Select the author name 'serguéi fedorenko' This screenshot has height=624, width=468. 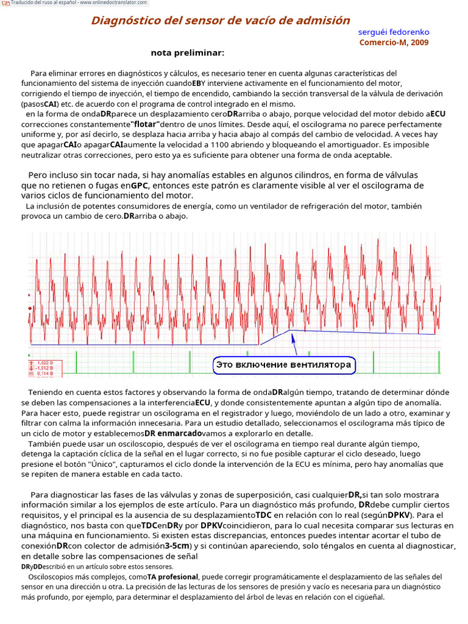[x=393, y=32]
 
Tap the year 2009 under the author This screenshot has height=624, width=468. [x=419, y=43]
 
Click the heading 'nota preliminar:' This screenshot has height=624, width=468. [x=188, y=52]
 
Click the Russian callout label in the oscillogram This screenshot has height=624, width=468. [x=283, y=365]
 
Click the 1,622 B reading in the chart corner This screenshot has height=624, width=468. [x=41, y=363]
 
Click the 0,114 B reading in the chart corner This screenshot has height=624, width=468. [x=41, y=373]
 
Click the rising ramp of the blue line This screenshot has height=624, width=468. [x=274, y=337]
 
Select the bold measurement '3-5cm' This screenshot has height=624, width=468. [x=177, y=545]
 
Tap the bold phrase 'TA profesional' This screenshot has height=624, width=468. [x=172, y=576]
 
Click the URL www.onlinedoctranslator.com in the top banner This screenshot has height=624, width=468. [x=107, y=3]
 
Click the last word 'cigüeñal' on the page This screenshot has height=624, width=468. [x=366, y=597]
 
